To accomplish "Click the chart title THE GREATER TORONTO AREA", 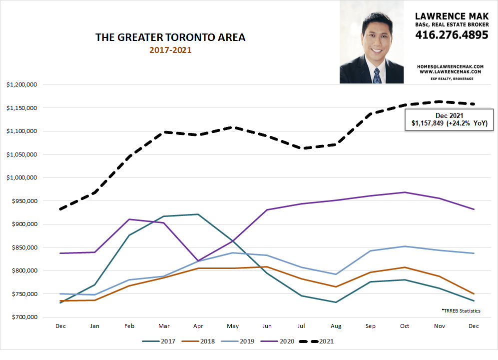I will [x=170, y=37].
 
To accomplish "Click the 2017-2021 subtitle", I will [x=170, y=50].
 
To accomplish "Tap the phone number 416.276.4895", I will [x=451, y=35].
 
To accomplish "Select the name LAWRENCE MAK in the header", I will [x=451, y=14].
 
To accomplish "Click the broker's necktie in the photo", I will [x=377, y=75].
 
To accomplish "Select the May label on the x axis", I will [x=232, y=326].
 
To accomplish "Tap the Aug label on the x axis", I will [x=336, y=326].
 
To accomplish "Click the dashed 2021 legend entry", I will [x=316, y=341].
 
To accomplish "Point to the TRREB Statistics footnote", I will [x=461, y=310].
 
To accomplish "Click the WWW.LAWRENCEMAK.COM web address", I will [x=451, y=72].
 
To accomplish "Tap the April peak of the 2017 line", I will [x=198, y=214].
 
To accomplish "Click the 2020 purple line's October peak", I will [x=405, y=192].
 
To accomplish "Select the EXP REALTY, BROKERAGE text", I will [x=451, y=79].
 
